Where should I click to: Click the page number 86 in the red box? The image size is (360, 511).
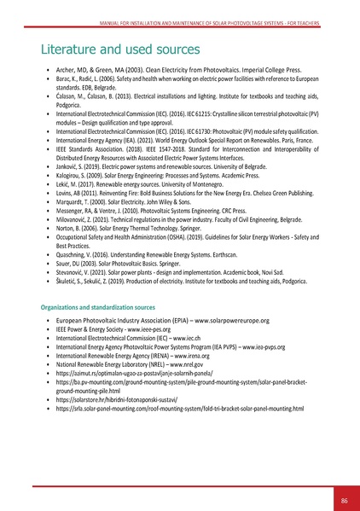coord(343,476)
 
